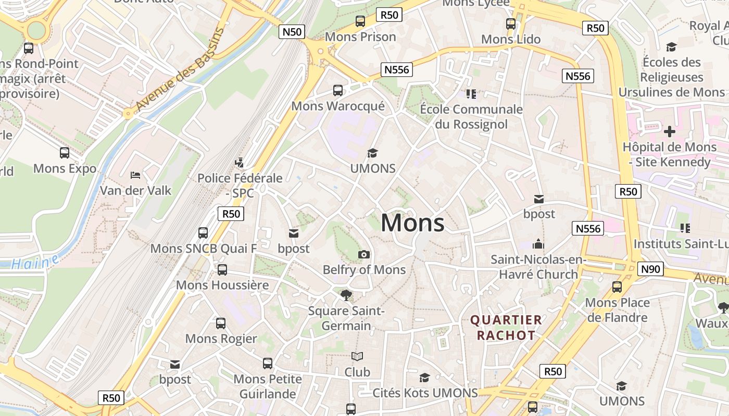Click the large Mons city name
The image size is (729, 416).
pos(412,223)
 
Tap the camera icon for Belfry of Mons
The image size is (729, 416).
pos(364,254)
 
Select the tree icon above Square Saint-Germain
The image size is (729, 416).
pos(346,295)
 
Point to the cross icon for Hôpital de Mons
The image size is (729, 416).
pos(670,132)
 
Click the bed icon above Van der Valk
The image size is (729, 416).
pos(135,175)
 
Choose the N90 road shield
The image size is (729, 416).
pos(650,269)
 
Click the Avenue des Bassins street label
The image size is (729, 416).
pos(180,69)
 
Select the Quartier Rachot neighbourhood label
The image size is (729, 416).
pos(506,328)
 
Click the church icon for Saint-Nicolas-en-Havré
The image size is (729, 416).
pos(538,243)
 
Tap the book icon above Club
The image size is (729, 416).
pos(357,357)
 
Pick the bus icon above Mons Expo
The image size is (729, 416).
pos(65,153)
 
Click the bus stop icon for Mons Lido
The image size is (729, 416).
pos(511,23)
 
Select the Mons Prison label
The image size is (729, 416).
pos(360,37)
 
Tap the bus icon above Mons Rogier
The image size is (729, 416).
pos(221,323)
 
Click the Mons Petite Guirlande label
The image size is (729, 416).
pos(268,386)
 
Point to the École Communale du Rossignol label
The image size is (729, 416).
pos(471,116)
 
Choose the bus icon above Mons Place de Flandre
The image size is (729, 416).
pos(617,287)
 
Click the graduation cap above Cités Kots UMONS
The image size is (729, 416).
pos(425,378)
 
